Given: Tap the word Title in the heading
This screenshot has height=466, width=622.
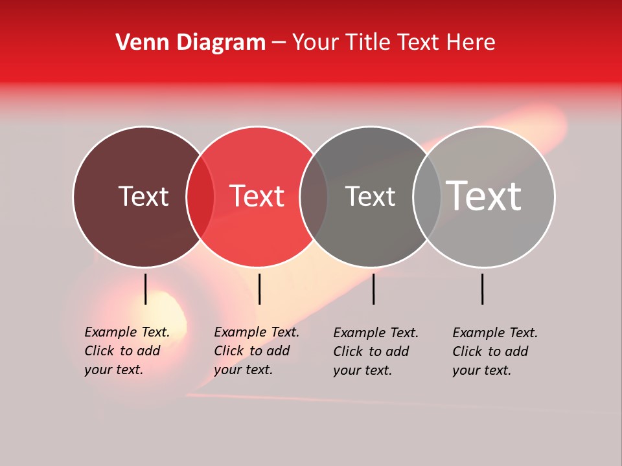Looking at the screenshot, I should pyautogui.click(x=369, y=43).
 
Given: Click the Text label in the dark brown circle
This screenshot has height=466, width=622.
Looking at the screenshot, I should pyautogui.click(x=143, y=196).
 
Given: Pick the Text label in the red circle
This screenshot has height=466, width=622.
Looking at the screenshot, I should pyautogui.click(x=257, y=196).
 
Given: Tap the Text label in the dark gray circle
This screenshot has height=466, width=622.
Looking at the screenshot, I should pyautogui.click(x=370, y=196).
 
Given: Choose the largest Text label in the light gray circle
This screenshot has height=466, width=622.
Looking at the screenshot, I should pyautogui.click(x=483, y=195).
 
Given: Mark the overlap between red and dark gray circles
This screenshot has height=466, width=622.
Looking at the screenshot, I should pyautogui.click(x=314, y=197).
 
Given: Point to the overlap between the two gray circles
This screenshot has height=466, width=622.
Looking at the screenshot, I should pyautogui.click(x=427, y=197).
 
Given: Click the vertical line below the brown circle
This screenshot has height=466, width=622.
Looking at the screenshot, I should pyautogui.click(x=146, y=289).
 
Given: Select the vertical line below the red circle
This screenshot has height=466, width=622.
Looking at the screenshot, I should pyautogui.click(x=259, y=289).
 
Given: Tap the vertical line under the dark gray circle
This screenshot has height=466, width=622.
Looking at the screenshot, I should pyautogui.click(x=373, y=289).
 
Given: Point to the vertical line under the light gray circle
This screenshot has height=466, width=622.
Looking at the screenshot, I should pyautogui.click(x=483, y=289).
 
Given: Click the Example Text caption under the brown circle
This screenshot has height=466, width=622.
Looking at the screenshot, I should pyautogui.click(x=126, y=351).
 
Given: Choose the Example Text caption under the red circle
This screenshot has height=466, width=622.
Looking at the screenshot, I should pyautogui.click(x=256, y=351).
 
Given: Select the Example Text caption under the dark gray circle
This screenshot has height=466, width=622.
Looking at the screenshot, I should pyautogui.click(x=375, y=351).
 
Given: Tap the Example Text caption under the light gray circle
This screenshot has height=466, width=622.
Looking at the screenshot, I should pyautogui.click(x=494, y=351).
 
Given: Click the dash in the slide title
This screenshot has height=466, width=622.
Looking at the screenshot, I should pyautogui.click(x=279, y=43).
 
